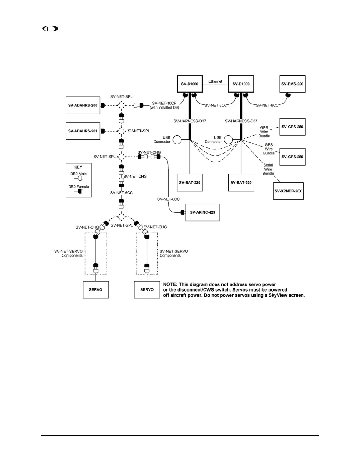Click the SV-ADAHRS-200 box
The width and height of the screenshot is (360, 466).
point(83,105)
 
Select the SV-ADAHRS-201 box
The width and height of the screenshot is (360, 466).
point(83,131)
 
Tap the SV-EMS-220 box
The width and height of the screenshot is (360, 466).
point(292,84)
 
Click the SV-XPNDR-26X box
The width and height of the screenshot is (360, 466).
point(288,191)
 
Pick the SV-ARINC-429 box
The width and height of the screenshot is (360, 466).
point(202,212)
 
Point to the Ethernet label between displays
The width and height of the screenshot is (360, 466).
point(215,81)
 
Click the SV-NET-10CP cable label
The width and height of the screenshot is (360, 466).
point(164,103)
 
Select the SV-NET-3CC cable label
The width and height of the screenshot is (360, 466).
point(216,105)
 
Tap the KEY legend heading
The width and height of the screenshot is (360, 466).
point(78,167)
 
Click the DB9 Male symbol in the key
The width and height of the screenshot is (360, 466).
point(79,178)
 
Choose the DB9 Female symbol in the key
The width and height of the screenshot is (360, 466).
point(79,191)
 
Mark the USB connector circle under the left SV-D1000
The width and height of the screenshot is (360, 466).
point(177,140)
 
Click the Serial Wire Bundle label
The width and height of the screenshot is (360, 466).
point(268,169)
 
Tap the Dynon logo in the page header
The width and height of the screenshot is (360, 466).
point(50,29)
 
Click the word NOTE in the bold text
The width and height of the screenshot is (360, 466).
point(170,284)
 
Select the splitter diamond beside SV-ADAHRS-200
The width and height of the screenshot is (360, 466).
point(121,105)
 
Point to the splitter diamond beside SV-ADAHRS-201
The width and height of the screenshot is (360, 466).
point(121,131)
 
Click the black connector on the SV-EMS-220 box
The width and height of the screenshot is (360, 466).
point(288,95)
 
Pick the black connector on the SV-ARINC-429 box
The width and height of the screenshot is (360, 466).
point(183,212)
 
